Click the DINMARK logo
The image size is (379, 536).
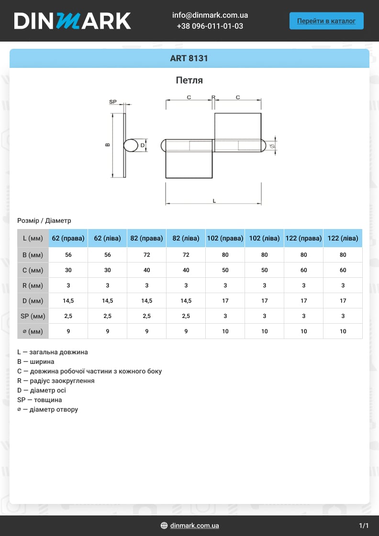coord(72,21)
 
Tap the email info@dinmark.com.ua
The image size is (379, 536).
coord(210,15)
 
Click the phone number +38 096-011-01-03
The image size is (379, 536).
coord(210,26)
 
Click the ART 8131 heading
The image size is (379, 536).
coord(189,59)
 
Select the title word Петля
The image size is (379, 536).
coord(189,80)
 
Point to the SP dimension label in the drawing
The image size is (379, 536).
coord(113,102)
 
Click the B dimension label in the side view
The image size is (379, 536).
coord(108,144)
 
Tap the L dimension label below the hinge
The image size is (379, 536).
coord(214,201)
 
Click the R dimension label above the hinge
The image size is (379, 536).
coord(213,97)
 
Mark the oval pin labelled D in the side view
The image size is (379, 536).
coord(131,145)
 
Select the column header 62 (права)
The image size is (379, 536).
coord(68,238)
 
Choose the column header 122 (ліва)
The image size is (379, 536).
coord(343,238)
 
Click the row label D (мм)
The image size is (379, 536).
coord(33,301)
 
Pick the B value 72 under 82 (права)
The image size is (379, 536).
coord(147,255)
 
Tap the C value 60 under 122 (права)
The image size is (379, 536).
coord(304,270)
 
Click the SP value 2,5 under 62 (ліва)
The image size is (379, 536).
coord(108,316)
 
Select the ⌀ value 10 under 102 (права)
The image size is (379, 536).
coord(225,331)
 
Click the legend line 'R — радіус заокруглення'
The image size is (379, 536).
coord(56,381)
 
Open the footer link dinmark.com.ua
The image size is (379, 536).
coord(194,525)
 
